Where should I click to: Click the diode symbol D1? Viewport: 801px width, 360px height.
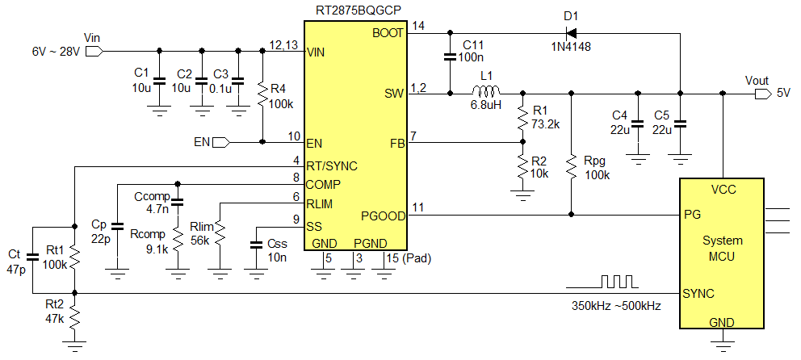tap(571, 33)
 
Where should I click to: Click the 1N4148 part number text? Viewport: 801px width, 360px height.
tap(571, 48)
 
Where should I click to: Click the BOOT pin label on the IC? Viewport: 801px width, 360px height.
tap(387, 33)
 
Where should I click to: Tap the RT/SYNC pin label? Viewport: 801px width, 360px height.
tap(331, 165)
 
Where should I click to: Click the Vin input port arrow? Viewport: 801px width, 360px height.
tap(93, 50)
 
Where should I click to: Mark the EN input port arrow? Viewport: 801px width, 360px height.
tap(220, 142)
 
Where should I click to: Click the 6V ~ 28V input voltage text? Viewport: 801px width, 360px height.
tap(56, 51)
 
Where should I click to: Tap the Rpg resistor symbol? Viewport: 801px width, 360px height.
tap(572, 168)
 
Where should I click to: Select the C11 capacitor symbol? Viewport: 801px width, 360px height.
tap(449, 57)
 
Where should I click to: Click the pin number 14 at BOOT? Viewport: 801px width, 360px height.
tap(418, 27)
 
